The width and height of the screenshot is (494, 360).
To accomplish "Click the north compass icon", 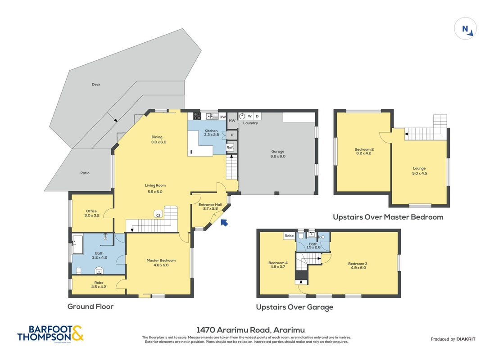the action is point(465,29).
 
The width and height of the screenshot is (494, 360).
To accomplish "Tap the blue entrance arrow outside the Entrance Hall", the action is point(224,223).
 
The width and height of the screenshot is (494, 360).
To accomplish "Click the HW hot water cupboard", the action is point(232,121).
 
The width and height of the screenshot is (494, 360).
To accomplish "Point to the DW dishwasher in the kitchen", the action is point(222,117).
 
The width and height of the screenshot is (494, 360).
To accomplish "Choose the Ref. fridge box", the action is point(230,148).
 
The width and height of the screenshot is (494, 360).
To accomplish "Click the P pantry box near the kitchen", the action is point(232,135).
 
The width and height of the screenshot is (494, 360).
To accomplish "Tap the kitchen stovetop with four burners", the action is point(197,116).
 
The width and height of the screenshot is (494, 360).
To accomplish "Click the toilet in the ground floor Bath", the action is point(79,270).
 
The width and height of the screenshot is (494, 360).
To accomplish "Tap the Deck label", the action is point(96,85).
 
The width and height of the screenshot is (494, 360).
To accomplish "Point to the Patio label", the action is point(85,173).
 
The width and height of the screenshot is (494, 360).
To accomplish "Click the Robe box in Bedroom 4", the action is point(289,236).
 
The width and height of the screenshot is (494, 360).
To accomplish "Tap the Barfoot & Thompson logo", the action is point(50,333).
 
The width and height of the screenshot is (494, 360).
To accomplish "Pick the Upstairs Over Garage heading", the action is point(295,307).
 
